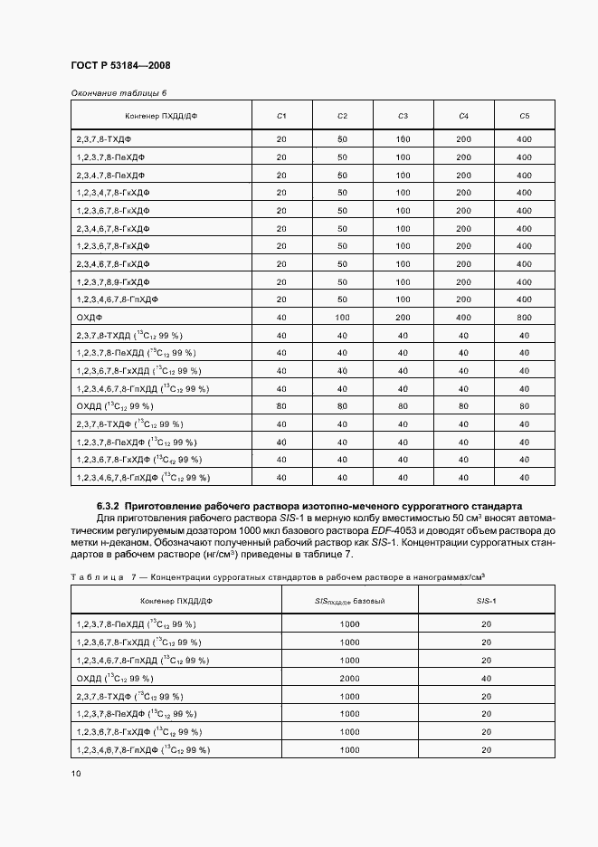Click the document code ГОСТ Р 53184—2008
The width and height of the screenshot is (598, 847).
coord(120,65)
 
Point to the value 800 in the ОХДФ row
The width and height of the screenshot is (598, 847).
coord(524,318)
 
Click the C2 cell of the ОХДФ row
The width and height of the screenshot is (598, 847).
coord(342,318)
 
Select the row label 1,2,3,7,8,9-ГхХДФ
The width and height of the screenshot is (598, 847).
coord(113,281)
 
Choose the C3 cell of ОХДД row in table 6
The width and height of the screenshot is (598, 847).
coord(403,406)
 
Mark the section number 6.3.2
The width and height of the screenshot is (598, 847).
coord(109,505)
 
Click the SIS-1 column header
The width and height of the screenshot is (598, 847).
coord(487,601)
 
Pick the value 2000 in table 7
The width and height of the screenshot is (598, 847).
coord(349,678)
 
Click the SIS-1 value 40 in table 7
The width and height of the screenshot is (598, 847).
coord(487,678)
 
